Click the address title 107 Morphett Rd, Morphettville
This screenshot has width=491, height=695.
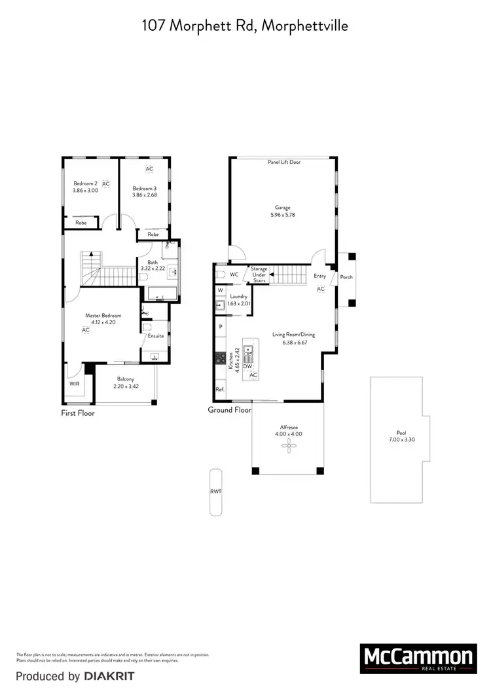[245, 26]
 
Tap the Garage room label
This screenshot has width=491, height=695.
[283, 208]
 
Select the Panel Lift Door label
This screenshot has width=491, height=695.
[284, 162]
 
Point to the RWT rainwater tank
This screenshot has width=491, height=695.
[215, 491]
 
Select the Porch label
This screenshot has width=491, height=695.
[346, 277]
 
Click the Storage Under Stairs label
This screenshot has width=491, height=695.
[259, 274]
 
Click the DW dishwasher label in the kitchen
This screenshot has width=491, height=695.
[247, 366]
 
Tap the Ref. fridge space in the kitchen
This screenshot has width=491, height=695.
[220, 390]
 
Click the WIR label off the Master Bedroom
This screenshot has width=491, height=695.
[75, 383]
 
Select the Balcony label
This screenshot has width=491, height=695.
[125, 379]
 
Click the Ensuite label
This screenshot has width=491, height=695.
[156, 336]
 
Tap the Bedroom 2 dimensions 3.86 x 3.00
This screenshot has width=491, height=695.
[86, 191]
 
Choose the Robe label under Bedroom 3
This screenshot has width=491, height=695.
[153, 234]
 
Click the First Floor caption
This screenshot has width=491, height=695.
[78, 413]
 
